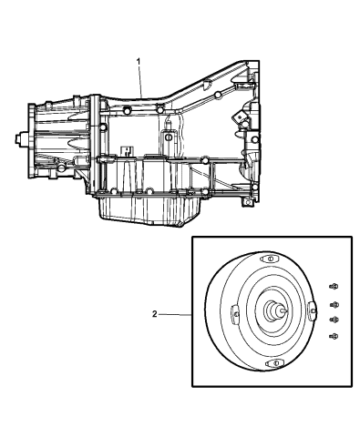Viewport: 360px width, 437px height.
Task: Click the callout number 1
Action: [x=138, y=60]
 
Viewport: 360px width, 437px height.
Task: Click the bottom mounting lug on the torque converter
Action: [x=269, y=364]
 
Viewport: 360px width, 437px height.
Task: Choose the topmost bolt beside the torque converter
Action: [x=334, y=287]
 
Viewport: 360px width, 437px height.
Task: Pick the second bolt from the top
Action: [x=334, y=304]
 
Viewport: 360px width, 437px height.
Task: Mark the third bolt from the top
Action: [x=334, y=320]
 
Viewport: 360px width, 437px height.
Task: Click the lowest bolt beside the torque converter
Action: [x=334, y=337]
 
